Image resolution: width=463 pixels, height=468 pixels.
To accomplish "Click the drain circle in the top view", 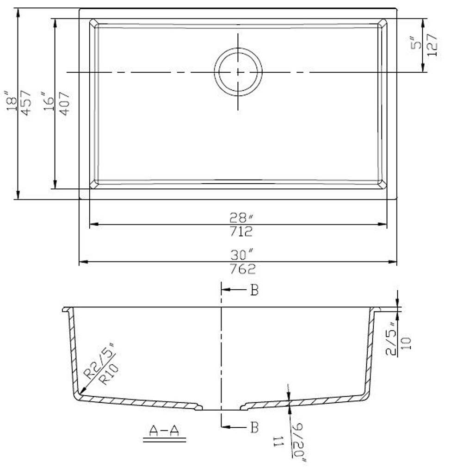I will [238, 72].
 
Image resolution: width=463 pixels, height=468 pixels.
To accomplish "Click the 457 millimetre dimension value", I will [26, 103].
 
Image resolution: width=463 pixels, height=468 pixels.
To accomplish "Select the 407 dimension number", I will [64, 103].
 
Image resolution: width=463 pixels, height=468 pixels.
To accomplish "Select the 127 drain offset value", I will [433, 45].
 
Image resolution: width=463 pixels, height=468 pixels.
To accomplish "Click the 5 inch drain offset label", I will [418, 44].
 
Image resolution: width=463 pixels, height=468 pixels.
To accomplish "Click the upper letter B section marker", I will [254, 291].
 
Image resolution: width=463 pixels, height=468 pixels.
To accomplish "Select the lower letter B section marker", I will [254, 427].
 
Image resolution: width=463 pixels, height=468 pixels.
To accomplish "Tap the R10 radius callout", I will [111, 374].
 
